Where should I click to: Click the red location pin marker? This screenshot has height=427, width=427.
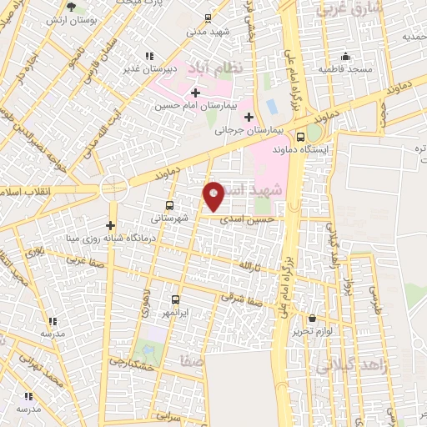click(214, 196)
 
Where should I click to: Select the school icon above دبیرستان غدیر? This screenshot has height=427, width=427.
click(148, 56)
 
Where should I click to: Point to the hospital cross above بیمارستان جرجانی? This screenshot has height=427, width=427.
click(249, 115)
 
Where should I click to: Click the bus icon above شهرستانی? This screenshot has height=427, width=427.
click(170, 205)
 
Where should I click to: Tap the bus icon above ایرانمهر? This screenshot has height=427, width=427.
click(175, 299)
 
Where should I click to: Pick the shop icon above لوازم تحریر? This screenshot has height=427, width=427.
click(312, 318)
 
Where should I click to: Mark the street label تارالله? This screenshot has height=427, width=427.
click(249, 265)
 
